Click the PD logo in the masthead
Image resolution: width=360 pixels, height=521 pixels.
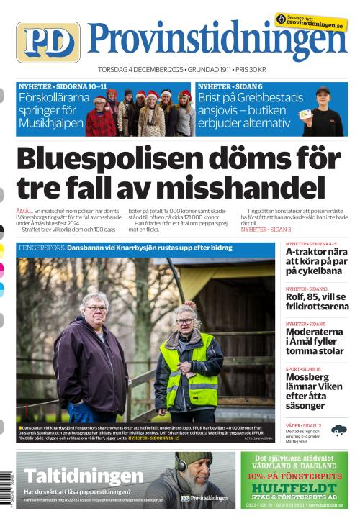click(48, 42)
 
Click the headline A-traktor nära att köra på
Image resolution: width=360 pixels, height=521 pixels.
click(316, 263)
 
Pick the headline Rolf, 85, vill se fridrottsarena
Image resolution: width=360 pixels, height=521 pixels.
click(316, 302)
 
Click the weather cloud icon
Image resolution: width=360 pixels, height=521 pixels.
click(338, 430)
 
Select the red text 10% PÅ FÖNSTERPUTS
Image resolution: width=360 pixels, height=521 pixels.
click(297, 475)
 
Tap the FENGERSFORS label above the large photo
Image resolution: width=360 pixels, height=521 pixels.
click(42, 248)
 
